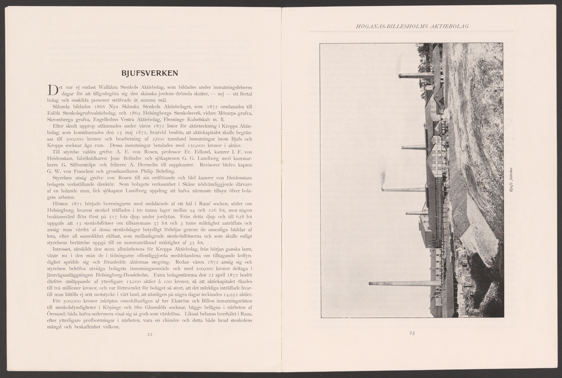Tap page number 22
(x=150, y=334)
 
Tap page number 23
(x=412, y=333)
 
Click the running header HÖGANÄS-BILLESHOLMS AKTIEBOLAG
(x=412, y=26)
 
